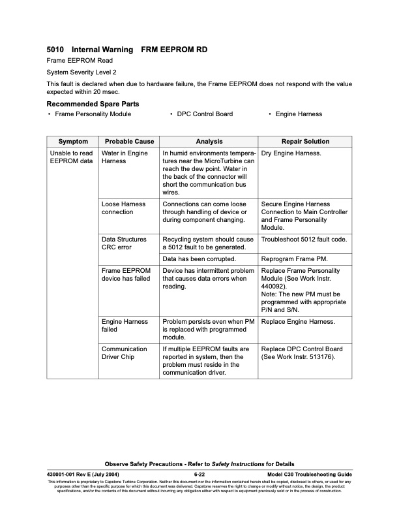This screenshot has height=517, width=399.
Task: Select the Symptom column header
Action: [x=72, y=142]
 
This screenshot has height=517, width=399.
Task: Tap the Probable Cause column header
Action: [x=129, y=142]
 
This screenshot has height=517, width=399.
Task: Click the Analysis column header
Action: [x=209, y=142]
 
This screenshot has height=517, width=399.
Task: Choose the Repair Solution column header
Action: [x=305, y=142]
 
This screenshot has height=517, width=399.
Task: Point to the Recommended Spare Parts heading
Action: [x=93, y=104]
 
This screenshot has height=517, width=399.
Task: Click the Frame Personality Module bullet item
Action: [x=93, y=114]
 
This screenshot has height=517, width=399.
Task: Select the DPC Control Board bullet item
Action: [x=205, y=114]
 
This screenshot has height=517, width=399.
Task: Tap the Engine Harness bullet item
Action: [x=299, y=114]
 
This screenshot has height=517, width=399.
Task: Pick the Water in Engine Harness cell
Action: [x=125, y=157]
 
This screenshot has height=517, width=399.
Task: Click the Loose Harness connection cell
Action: [x=124, y=208]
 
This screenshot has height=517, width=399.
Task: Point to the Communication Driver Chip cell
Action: [x=125, y=353]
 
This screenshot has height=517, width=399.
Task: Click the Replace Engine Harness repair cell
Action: [x=298, y=322]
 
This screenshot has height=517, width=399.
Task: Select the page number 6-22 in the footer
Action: [x=199, y=473]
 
